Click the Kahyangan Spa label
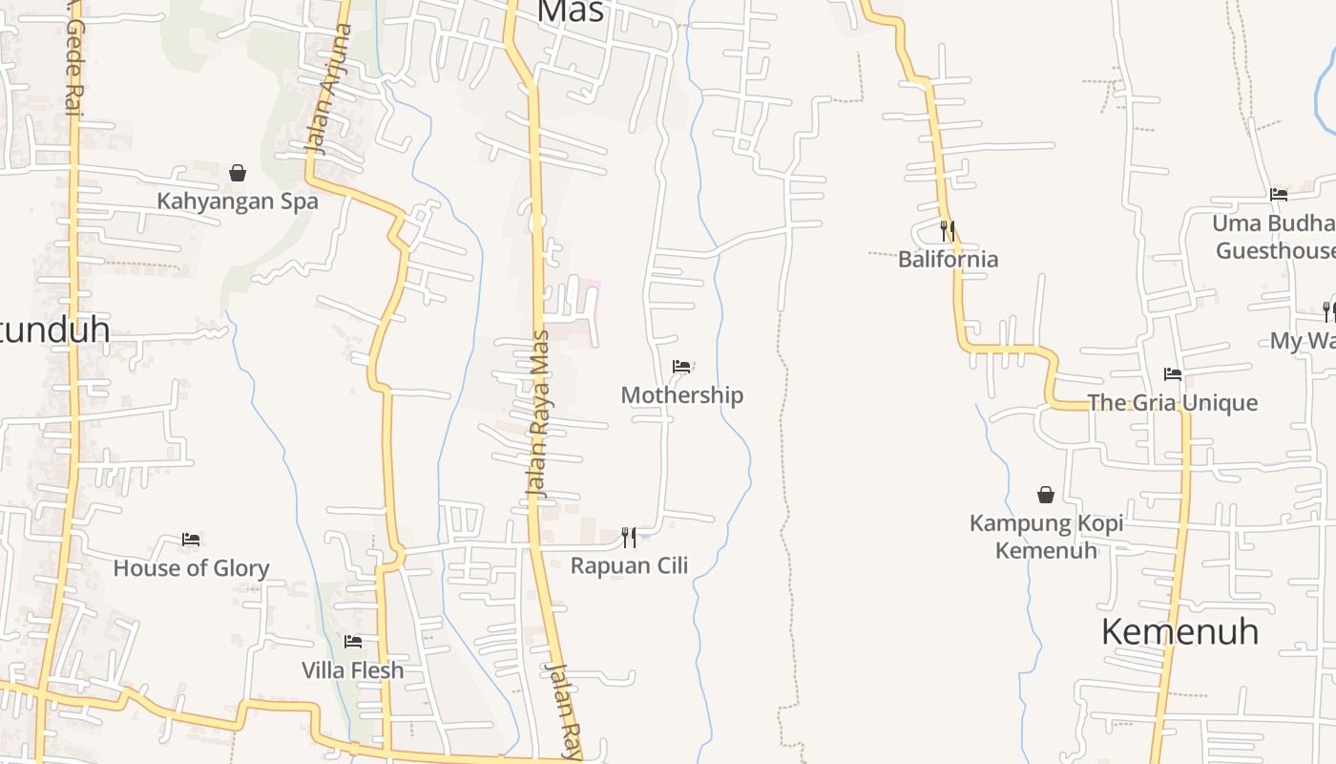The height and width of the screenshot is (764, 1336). (x=238, y=202)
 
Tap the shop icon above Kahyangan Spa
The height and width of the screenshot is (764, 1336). (x=238, y=173)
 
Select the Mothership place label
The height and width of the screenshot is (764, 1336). (x=681, y=395)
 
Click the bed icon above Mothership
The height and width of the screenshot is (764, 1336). (x=681, y=367)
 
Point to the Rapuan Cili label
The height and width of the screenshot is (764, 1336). (x=629, y=565)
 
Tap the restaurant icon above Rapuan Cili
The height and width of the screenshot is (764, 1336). (x=629, y=538)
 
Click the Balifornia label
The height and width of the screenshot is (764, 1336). (x=948, y=259)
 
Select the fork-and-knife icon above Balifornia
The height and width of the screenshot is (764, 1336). (x=948, y=231)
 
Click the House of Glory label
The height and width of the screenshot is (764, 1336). (x=191, y=568)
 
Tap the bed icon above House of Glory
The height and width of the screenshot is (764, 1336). (x=191, y=540)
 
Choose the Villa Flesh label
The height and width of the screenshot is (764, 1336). (x=353, y=670)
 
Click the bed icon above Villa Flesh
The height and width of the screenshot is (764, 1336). (x=353, y=642)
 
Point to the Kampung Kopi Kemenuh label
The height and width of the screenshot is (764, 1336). (x=1046, y=537)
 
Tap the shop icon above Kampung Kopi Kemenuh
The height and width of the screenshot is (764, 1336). (x=1046, y=495)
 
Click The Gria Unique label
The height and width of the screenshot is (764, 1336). (x=1173, y=403)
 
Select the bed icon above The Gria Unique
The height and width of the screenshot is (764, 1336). (x=1173, y=374)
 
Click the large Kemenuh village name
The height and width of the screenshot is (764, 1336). (x=1179, y=632)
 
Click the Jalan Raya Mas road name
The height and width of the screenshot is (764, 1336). (x=540, y=413)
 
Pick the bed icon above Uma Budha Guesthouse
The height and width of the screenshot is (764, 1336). (x=1279, y=195)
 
